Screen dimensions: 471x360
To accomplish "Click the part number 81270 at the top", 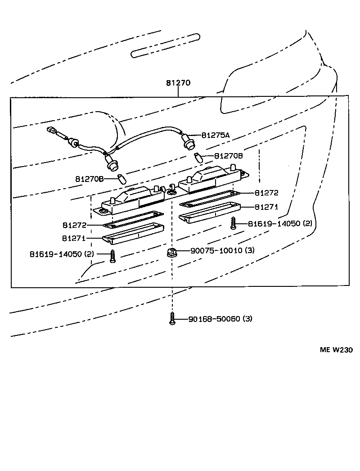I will (x=178, y=83).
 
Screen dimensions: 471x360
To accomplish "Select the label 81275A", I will (x=215, y=135).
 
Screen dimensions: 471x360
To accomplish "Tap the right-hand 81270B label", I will (x=228, y=156).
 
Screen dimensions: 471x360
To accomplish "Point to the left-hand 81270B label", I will (x=90, y=179).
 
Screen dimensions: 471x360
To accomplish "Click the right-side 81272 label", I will (x=266, y=193).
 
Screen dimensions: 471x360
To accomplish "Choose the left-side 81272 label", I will (x=74, y=225).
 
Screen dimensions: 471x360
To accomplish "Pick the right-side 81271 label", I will (x=266, y=207).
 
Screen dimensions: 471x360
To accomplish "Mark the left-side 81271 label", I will (x=74, y=238).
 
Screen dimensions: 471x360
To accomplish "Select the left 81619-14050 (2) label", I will (x=62, y=254).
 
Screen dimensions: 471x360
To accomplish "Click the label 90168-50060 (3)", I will (x=220, y=319).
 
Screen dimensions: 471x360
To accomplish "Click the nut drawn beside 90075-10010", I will (x=171, y=253).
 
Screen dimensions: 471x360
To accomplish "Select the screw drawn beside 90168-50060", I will (x=172, y=319).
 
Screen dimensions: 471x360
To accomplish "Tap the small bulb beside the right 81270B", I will (x=198, y=158).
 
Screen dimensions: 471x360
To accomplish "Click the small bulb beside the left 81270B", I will (x=121, y=179).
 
